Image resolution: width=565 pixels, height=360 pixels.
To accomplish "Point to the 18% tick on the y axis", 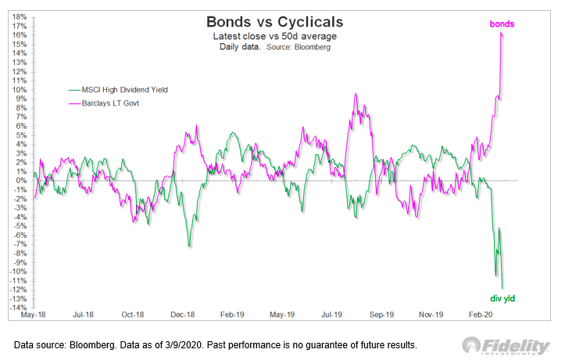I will pos(17,16).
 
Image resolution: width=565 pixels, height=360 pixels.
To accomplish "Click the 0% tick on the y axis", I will pos(20,180).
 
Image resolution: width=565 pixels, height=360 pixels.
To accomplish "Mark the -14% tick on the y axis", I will pos(16,307).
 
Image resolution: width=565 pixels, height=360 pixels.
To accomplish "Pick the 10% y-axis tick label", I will pos(17,89).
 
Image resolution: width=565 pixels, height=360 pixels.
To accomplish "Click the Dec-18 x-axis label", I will pos(183,315).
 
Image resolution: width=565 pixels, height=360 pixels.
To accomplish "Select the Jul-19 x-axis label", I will pos(331,315).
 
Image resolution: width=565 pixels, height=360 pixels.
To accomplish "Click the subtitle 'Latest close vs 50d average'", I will pos(270,37).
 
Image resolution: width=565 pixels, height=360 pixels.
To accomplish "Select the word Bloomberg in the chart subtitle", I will pos(313,48).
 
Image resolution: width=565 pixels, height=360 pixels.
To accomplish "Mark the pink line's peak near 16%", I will pos(501,34).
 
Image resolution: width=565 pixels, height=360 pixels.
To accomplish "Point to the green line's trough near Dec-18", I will pos(189,247).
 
